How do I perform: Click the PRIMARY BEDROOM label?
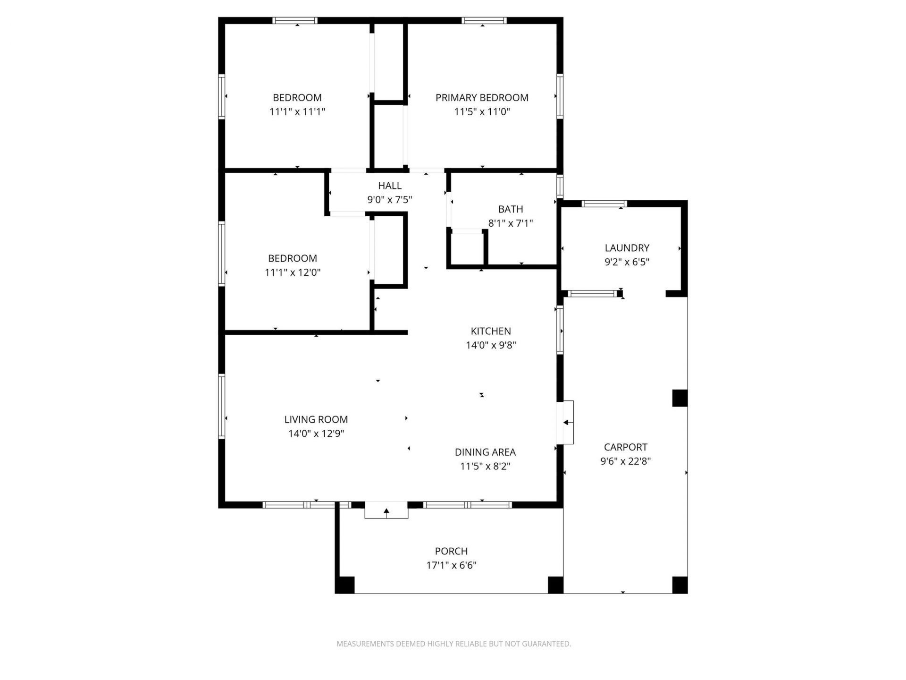[482, 98]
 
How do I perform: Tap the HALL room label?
[390, 186]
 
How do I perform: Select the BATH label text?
[511, 209]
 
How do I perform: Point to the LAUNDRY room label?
[627, 248]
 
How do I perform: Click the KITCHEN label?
[491, 331]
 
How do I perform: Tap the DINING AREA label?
[485, 452]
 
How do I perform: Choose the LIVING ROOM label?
[316, 419]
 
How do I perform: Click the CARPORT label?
[626, 447]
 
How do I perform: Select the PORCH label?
[452, 551]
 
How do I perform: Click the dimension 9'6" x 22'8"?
[626, 461]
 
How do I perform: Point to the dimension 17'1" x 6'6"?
[452, 565]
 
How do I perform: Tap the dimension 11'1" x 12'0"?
[293, 272]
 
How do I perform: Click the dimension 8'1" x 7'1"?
[511, 223]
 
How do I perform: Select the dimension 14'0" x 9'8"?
[491, 345]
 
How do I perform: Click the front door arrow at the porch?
[386, 511]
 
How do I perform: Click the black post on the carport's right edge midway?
[679, 398]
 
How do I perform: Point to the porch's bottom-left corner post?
[345, 585]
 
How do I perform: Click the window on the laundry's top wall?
[604, 204]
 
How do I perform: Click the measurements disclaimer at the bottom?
[453, 644]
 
